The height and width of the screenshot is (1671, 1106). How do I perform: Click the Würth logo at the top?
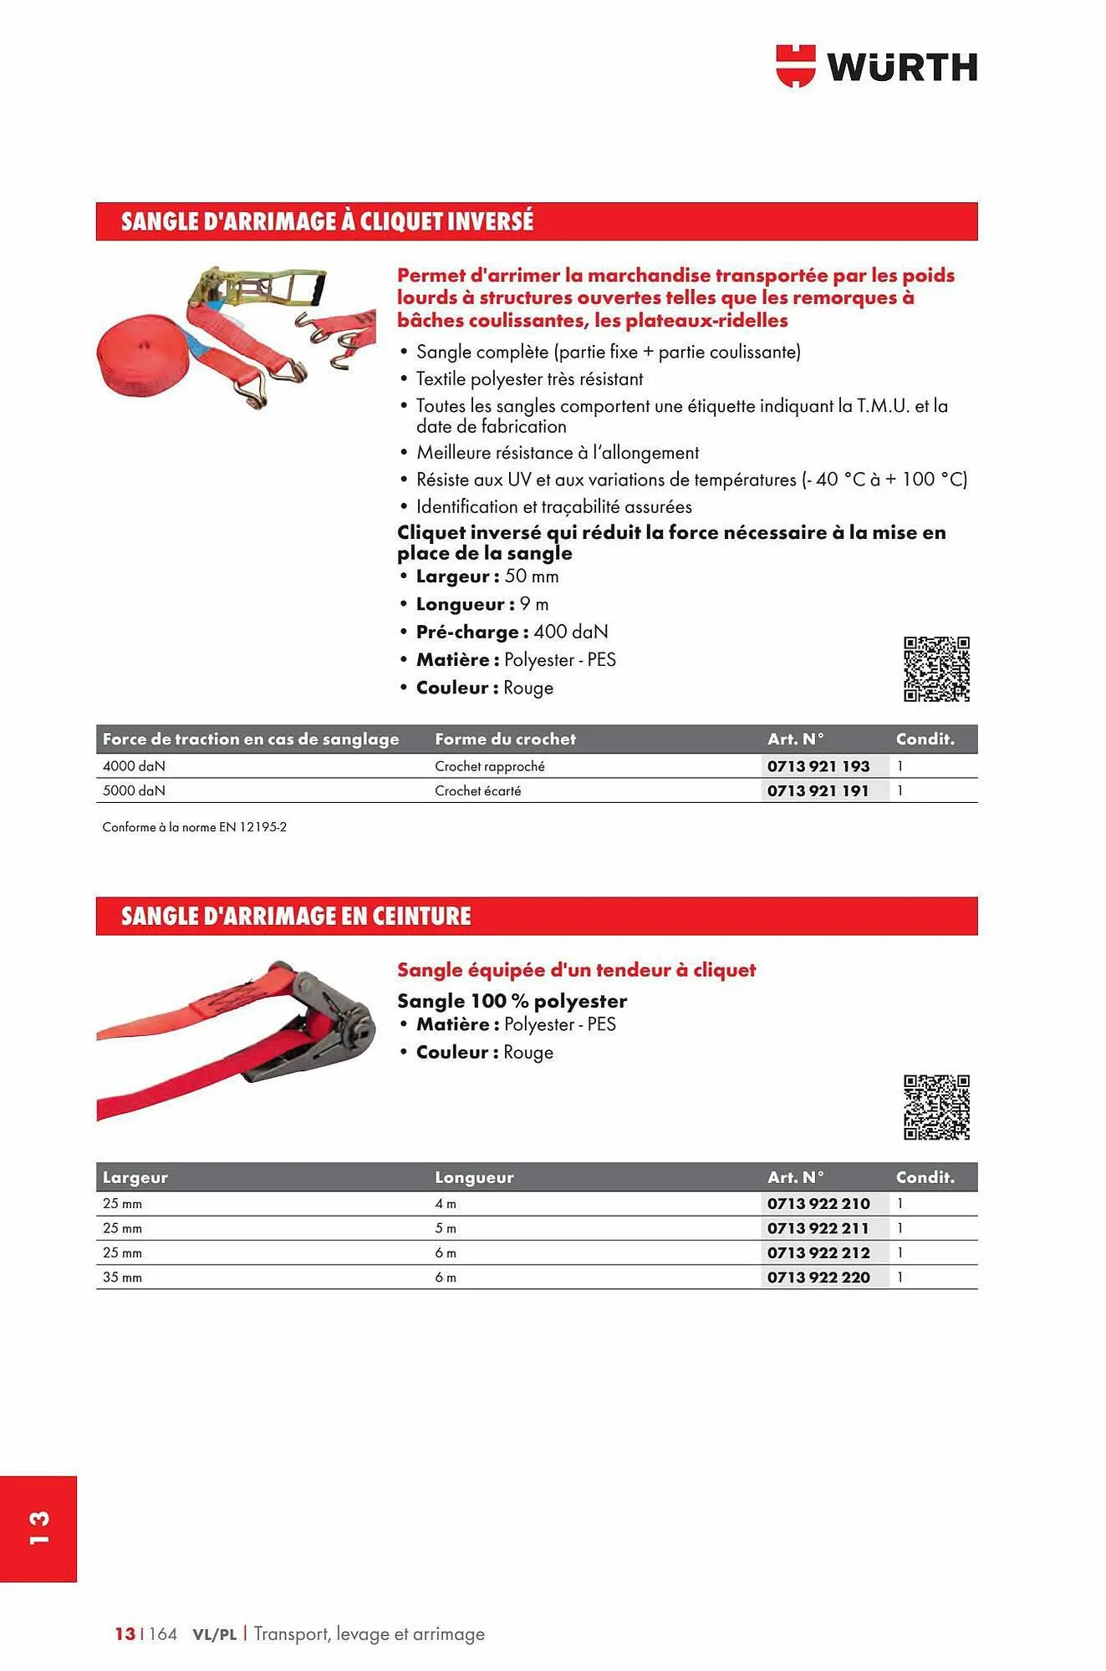tap(876, 67)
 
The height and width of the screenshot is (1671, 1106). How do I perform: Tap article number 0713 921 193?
tap(818, 766)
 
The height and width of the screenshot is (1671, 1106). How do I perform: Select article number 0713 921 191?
tap(818, 790)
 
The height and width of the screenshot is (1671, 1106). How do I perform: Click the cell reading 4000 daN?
tap(134, 766)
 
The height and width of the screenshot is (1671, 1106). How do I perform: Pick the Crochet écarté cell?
tap(477, 790)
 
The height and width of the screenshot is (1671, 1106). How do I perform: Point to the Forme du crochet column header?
tap(505, 739)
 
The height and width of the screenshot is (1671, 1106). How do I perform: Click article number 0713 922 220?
tap(818, 1277)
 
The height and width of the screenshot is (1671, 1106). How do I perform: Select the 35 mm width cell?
tap(122, 1277)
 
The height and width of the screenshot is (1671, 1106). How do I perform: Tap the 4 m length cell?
tap(446, 1204)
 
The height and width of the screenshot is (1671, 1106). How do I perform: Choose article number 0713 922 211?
tap(818, 1228)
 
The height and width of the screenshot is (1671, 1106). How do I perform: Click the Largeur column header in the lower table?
tap(135, 1177)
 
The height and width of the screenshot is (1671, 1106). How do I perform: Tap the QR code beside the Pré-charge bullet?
tap(936, 668)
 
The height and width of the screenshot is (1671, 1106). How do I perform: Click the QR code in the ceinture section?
tap(936, 1107)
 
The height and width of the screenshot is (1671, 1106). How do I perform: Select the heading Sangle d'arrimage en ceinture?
tap(296, 917)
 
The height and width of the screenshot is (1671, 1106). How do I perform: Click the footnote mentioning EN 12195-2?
tap(195, 827)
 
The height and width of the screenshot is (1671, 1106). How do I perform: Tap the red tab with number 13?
tap(38, 1528)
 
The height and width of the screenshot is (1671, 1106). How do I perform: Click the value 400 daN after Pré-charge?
tap(571, 632)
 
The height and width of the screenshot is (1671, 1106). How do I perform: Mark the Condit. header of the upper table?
tap(925, 739)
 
